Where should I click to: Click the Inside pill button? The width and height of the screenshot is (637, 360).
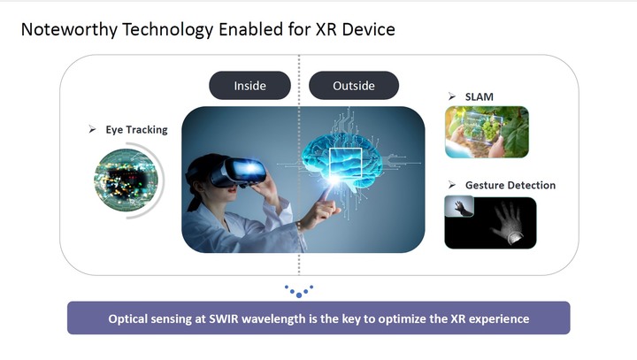[x=249, y=85]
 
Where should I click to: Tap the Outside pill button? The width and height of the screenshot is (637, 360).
[x=354, y=85]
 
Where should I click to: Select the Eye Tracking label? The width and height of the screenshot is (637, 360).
[x=136, y=130]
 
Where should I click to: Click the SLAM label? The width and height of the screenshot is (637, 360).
[x=480, y=96]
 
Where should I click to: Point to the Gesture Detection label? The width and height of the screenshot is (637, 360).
[x=510, y=185]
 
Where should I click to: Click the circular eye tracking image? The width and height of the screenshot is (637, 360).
[x=126, y=180]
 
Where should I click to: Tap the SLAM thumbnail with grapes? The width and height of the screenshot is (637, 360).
[x=487, y=132]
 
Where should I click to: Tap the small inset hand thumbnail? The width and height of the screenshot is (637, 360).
[x=459, y=206]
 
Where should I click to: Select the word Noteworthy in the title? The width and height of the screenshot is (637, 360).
[x=69, y=30]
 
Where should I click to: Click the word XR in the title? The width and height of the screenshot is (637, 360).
[x=326, y=29]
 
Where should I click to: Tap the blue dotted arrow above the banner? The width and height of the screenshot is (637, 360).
[x=299, y=291]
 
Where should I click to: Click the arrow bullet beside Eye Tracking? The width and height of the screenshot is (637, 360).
[x=93, y=130]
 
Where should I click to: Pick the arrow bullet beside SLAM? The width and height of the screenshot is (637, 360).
[x=452, y=96]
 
